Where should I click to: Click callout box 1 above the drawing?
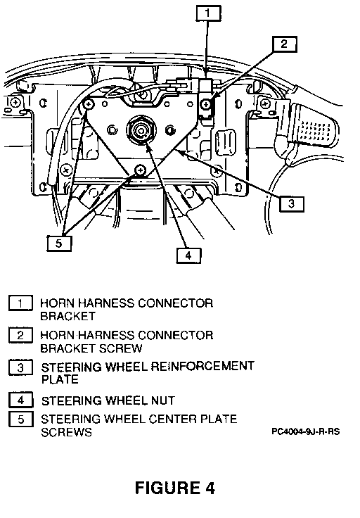click(x=208, y=13)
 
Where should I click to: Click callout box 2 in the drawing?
click(x=285, y=44)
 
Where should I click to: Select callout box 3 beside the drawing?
click(x=292, y=203)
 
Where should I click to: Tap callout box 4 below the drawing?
click(x=188, y=255)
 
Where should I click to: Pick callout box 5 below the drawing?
click(x=59, y=243)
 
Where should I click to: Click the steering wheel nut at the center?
click(x=141, y=129)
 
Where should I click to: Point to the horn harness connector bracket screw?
click(x=206, y=105)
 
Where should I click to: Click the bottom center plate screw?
click(x=140, y=170)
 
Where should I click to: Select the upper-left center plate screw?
click(x=88, y=104)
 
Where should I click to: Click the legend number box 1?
click(x=20, y=303)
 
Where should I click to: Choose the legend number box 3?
click(x=20, y=367)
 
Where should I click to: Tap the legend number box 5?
click(x=21, y=419)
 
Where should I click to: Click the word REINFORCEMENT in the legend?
click(x=202, y=367)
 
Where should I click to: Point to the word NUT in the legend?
click(x=163, y=400)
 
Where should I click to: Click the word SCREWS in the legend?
click(x=66, y=432)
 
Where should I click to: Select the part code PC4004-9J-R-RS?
click(x=306, y=431)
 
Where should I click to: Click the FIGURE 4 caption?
click(x=175, y=488)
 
